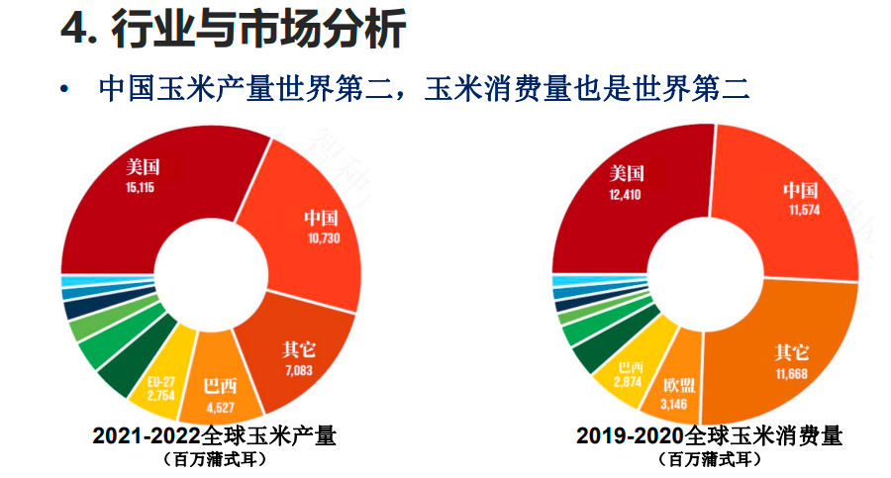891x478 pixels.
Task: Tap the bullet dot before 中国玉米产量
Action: [65, 91]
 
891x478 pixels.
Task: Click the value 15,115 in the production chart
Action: [141, 184]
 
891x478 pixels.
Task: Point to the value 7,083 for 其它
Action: [297, 370]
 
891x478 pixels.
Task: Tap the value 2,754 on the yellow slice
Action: [161, 396]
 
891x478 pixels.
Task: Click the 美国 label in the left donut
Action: [142, 166]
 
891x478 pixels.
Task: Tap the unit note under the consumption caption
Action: [714, 459]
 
